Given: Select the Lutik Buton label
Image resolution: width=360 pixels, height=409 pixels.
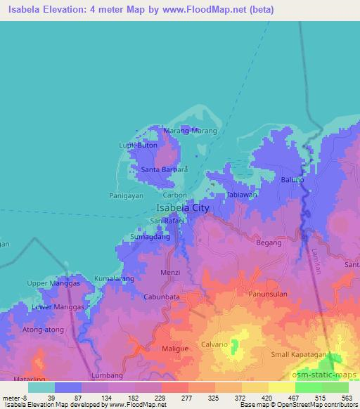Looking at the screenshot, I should pos(138,145).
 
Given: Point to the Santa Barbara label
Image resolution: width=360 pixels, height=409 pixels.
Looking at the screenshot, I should pos(165,170).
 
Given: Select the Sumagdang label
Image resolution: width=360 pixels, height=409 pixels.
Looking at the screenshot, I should pos(150,238).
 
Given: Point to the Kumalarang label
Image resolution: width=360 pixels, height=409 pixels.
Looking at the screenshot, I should pos(114,278).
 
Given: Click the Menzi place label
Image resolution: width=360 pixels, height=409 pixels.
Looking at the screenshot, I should pos(172,272).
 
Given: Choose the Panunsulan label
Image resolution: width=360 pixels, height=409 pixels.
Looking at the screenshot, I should pos(267,294).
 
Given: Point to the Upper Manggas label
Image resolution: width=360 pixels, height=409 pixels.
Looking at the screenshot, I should pos(50,283).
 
